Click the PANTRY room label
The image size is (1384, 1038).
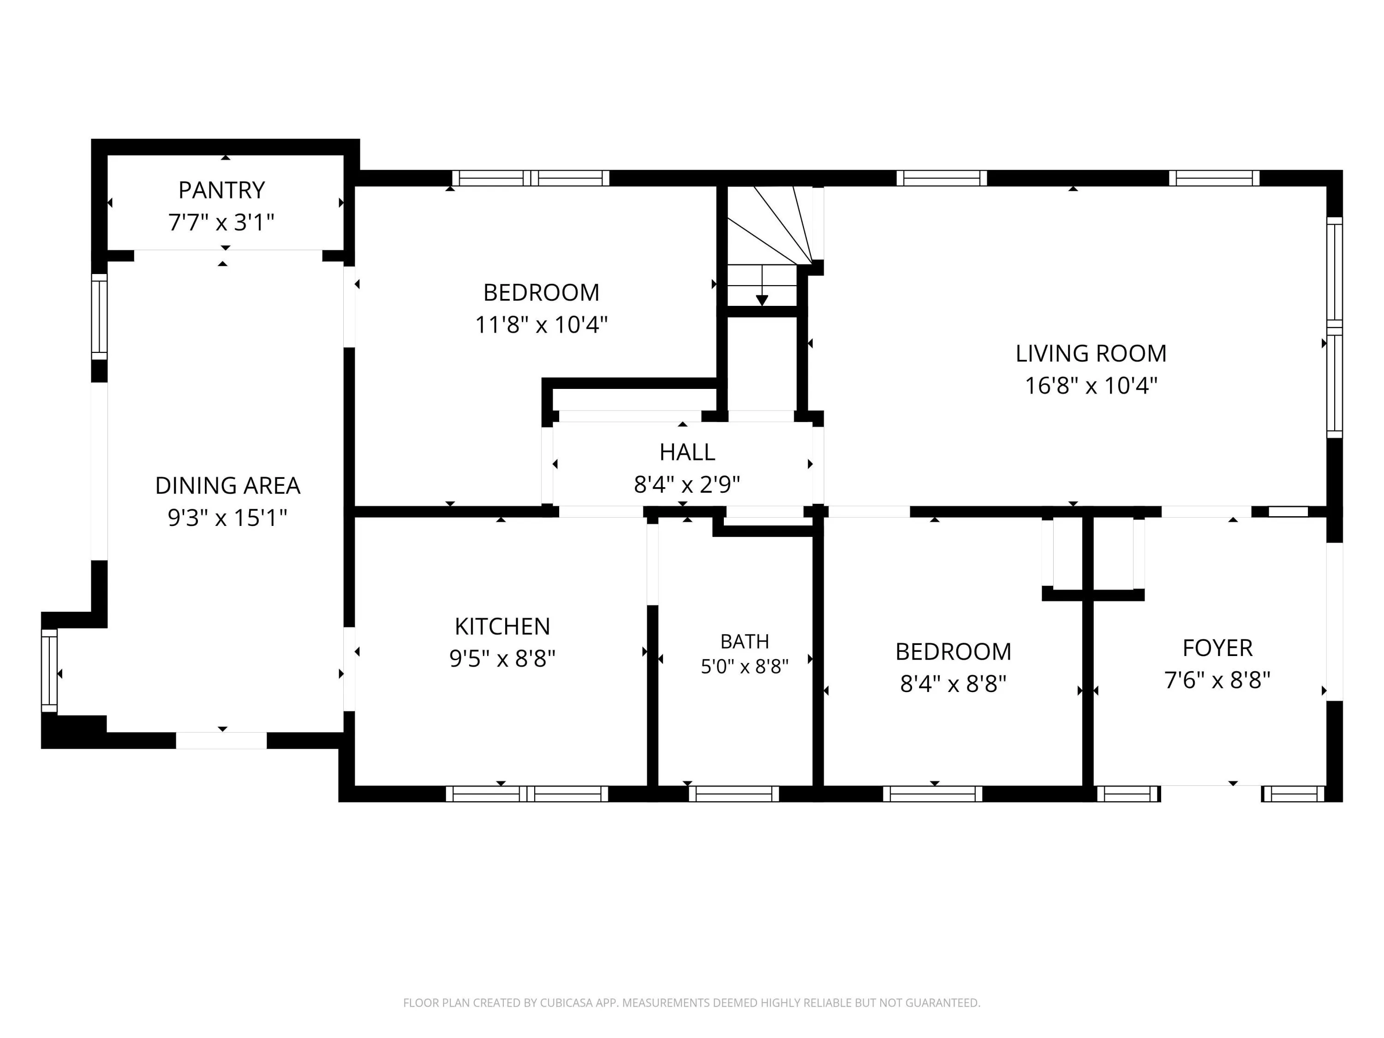click(x=221, y=190)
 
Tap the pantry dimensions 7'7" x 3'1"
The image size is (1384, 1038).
click(x=221, y=222)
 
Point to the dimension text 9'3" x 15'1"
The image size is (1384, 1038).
click(x=228, y=518)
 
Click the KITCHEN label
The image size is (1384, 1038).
click(x=502, y=626)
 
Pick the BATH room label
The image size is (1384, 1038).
click(x=745, y=641)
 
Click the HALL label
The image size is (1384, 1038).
click(x=687, y=453)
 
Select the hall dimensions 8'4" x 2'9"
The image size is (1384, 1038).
click(x=687, y=484)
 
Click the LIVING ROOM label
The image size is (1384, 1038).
click(x=1091, y=353)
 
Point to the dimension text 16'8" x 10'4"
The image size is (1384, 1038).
click(x=1091, y=385)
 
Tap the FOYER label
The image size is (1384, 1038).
click(x=1217, y=648)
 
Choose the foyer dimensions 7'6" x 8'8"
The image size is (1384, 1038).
click(x=1217, y=680)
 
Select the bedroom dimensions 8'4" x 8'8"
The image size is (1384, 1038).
click(x=954, y=684)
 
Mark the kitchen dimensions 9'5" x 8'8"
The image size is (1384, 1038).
click(x=502, y=658)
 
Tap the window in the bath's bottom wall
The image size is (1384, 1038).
click(x=734, y=794)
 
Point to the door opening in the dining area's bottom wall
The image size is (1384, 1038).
click(x=221, y=740)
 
